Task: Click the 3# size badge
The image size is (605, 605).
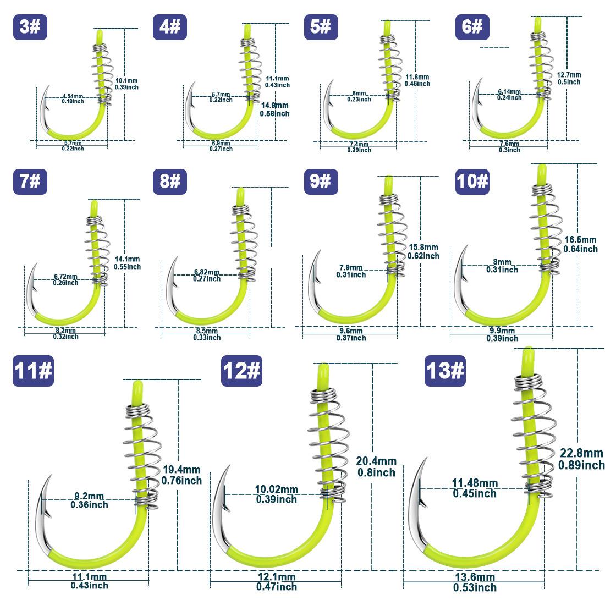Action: pyautogui.click(x=30, y=28)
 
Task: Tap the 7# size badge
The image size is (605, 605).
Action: pyautogui.click(x=30, y=182)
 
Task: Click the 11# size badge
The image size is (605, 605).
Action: pyautogui.click(x=33, y=371)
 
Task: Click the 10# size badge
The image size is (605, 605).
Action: pyautogui.click(x=472, y=182)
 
